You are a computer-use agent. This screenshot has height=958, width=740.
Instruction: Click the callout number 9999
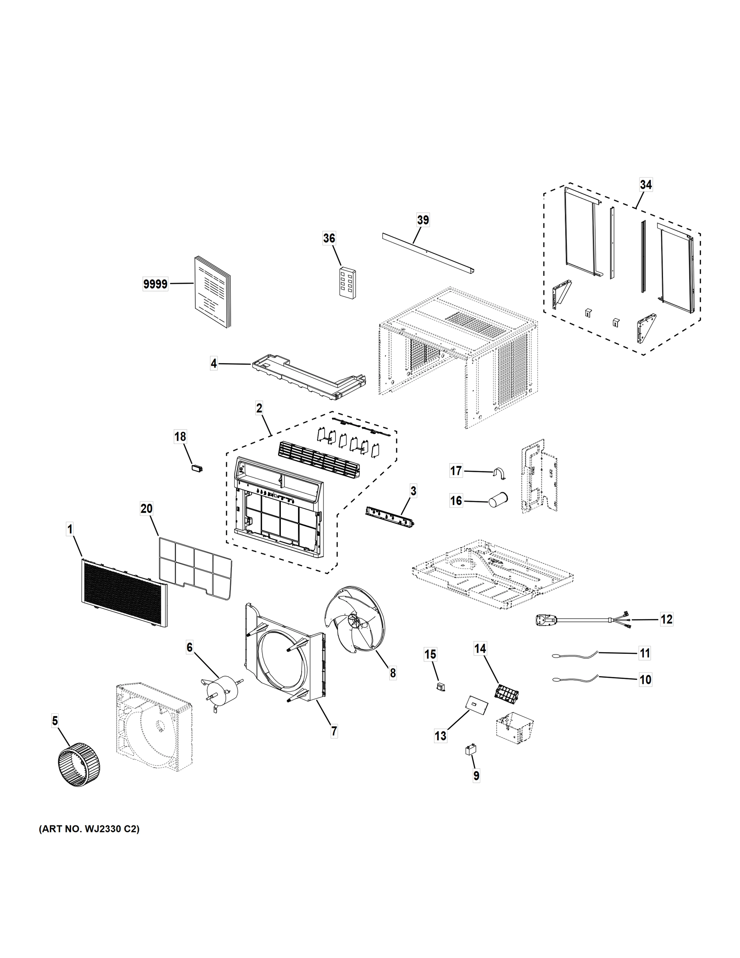tap(156, 284)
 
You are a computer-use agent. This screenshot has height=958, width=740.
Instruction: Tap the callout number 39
tap(422, 220)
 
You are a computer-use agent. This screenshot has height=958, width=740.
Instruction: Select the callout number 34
tap(645, 185)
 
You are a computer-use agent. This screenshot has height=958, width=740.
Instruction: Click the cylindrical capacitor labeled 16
tap(497, 499)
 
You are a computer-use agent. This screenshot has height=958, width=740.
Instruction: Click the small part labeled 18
tap(198, 467)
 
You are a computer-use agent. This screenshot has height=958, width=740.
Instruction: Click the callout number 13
tap(440, 736)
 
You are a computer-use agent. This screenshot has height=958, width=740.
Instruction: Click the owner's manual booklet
tap(212, 292)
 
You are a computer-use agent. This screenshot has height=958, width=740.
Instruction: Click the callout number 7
tap(334, 731)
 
